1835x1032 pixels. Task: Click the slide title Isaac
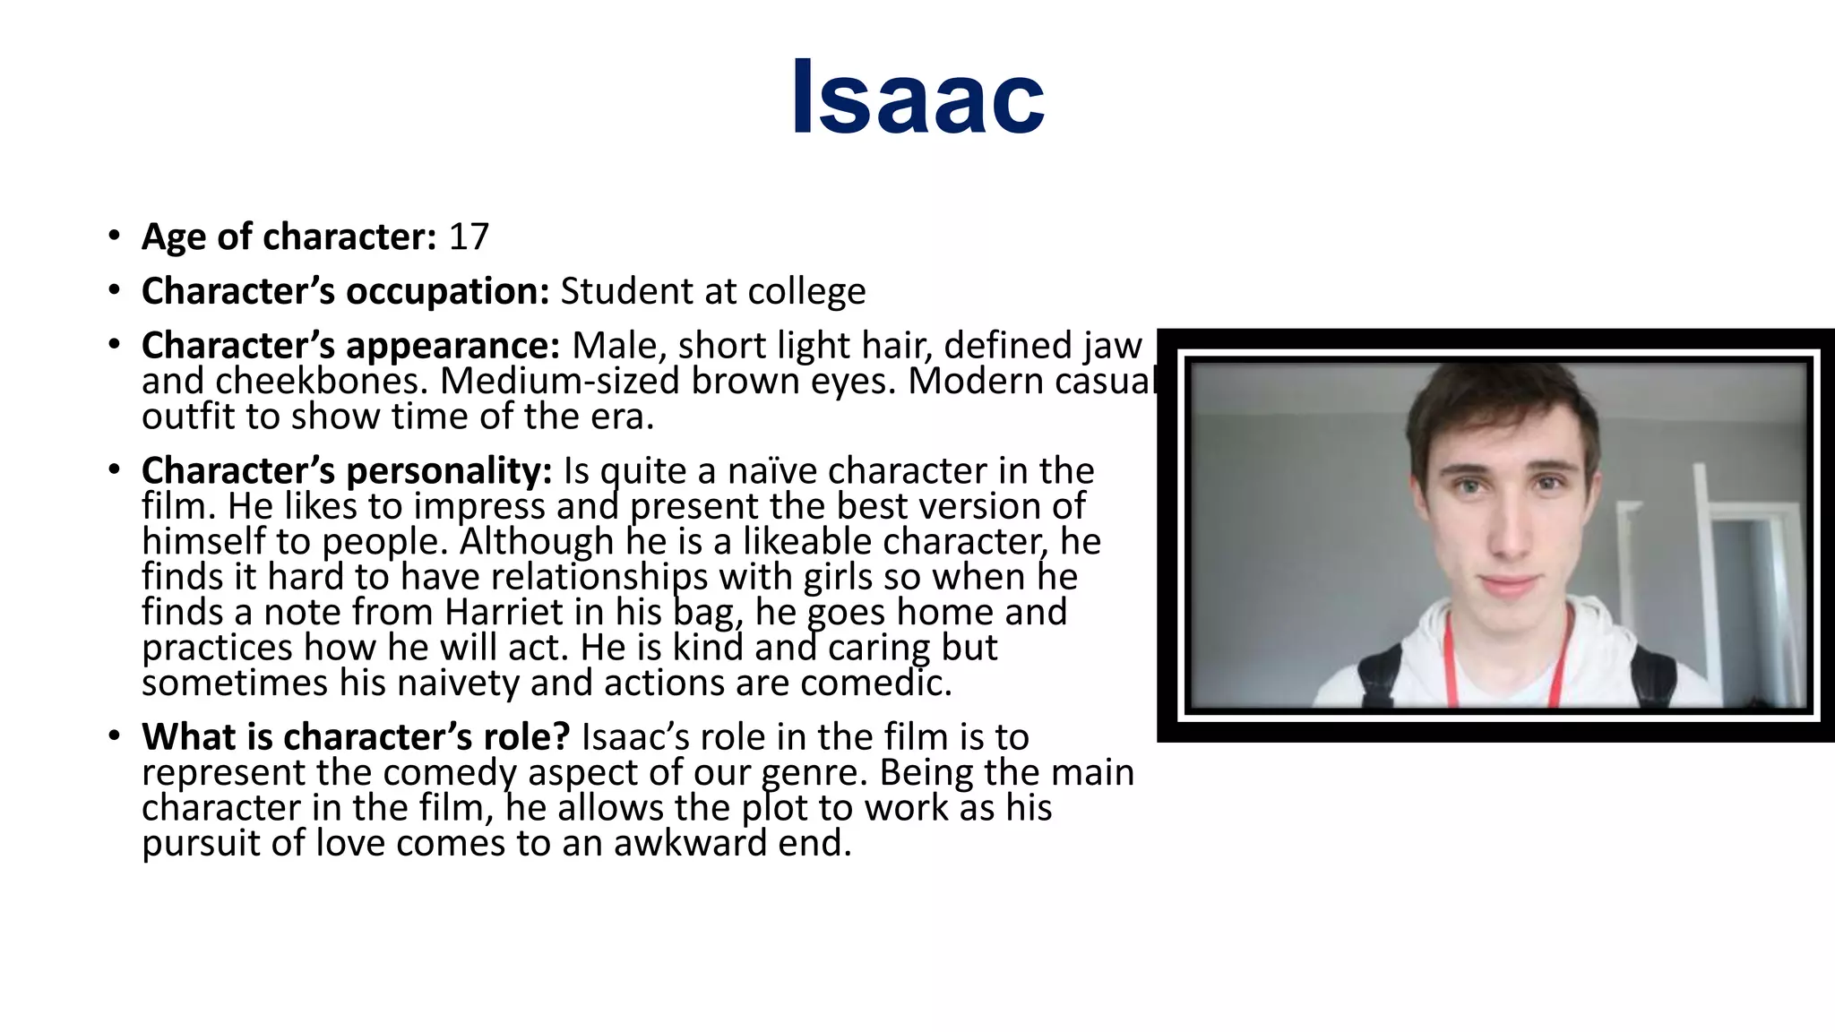[917, 97]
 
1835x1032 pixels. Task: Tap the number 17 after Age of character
[469, 237]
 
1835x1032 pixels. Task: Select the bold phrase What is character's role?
[356, 737]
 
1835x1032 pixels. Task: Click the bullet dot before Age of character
[114, 236]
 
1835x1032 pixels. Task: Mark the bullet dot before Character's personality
[114, 470]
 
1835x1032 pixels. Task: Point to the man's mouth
[1509, 587]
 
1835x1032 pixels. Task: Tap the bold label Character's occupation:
[345, 292]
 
